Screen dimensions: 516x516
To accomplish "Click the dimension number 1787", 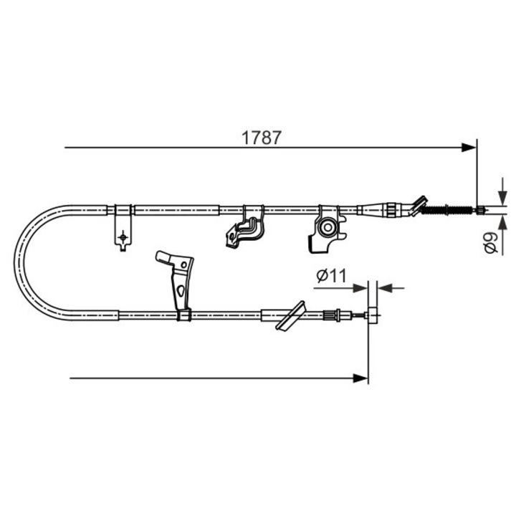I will (x=262, y=137).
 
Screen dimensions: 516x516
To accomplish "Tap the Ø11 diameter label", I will (x=331, y=274).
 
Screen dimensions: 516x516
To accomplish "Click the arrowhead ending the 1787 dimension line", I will (x=469, y=148).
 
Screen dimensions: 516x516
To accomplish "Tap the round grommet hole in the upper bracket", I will (x=326, y=228).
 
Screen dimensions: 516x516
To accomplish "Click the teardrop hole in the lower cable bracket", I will (x=181, y=290).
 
